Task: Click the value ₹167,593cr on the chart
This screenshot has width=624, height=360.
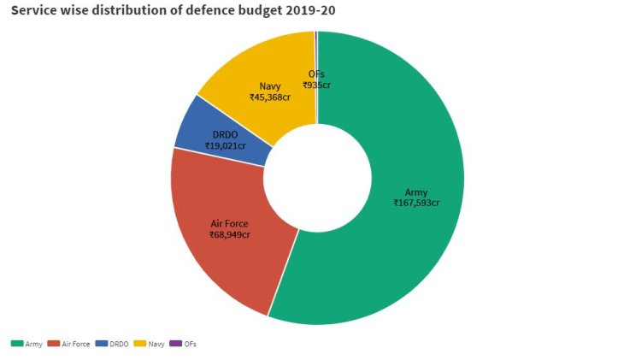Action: [x=416, y=203]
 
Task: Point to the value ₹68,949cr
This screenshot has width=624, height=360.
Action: [x=230, y=234]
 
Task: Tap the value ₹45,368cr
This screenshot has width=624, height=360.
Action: [x=270, y=97]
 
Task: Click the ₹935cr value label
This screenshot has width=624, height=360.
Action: [x=316, y=85]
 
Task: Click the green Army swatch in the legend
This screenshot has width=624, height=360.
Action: [x=17, y=344]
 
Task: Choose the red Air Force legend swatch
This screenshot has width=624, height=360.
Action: [x=55, y=344]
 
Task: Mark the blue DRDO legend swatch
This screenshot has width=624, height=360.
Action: [x=103, y=344]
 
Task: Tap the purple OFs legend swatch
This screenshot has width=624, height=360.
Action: [x=175, y=344]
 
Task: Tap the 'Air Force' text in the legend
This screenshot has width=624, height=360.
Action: [x=76, y=344]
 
